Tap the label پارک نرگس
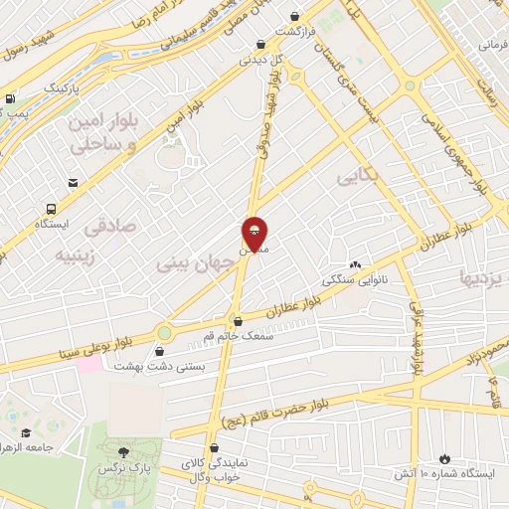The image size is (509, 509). (x=115, y=467)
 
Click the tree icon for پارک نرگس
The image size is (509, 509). (x=123, y=453)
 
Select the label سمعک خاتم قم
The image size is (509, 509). (x=235, y=336)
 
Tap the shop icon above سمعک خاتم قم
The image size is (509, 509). (x=236, y=321)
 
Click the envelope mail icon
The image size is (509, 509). (x=74, y=183)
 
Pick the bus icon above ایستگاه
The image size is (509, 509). (x=51, y=209)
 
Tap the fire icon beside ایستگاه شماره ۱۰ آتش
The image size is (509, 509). (x=444, y=459)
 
